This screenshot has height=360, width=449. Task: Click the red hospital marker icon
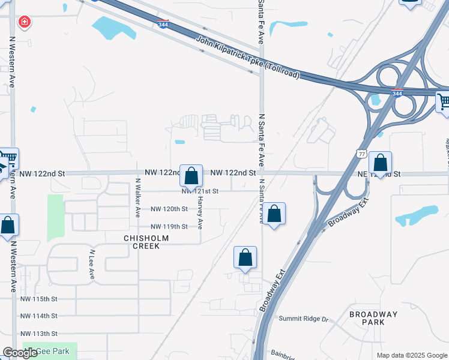click(x=25, y=23)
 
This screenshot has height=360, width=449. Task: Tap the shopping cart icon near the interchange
click(x=443, y=103)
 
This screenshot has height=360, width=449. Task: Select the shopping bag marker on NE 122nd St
click(x=380, y=163)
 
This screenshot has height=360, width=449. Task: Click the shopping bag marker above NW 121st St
click(x=191, y=176)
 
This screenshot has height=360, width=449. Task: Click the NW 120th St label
click(x=169, y=209)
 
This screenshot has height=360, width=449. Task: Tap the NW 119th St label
click(x=169, y=226)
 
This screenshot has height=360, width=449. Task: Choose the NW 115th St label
click(x=38, y=299)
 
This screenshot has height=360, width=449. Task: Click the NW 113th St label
click(x=38, y=334)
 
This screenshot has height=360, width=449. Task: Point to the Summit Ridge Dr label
click(x=303, y=319)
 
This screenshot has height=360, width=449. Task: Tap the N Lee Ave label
click(x=92, y=265)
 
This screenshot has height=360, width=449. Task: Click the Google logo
click(x=20, y=353)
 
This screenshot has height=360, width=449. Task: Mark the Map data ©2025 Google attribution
click(x=411, y=355)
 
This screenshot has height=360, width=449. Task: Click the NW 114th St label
click(x=38, y=316)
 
